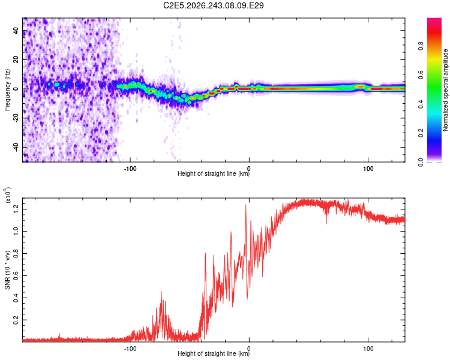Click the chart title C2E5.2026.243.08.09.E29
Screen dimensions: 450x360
pyautogui.click(x=213, y=5)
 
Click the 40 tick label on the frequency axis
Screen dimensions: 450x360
pyautogui.click(x=16, y=31)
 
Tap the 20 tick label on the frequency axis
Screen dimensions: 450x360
pyautogui.click(x=16, y=60)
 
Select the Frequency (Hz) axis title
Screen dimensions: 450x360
pyautogui.click(x=7, y=90)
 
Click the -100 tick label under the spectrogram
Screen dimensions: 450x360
pyautogui.click(x=130, y=169)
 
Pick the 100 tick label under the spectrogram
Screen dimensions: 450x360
pyautogui.click(x=368, y=169)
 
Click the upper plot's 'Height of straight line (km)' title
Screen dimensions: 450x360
pyautogui.click(x=214, y=173)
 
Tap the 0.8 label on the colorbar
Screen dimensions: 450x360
pyautogui.click(x=421, y=46)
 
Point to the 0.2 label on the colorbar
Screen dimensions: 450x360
pyautogui.click(x=421, y=133)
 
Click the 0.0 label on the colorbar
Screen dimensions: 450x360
pyautogui.click(x=421, y=162)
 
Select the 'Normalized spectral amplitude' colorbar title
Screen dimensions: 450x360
pyautogui.click(x=445, y=90)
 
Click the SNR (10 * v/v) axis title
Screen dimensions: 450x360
pyautogui.click(x=7, y=270)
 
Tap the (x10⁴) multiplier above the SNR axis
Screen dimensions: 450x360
pyautogui.click(x=8, y=195)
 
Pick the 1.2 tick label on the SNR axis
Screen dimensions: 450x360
pyautogui.click(x=16, y=209)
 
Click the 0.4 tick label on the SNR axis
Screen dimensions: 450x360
pyautogui.click(x=16, y=298)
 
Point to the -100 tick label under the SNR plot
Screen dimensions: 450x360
pyautogui.click(x=130, y=349)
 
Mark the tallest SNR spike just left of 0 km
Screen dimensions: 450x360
pyautogui.click(x=245, y=205)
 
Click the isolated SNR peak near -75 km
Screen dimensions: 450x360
pyautogui.click(x=161, y=292)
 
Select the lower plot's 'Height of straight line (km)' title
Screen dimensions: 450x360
pyautogui.click(x=214, y=353)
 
